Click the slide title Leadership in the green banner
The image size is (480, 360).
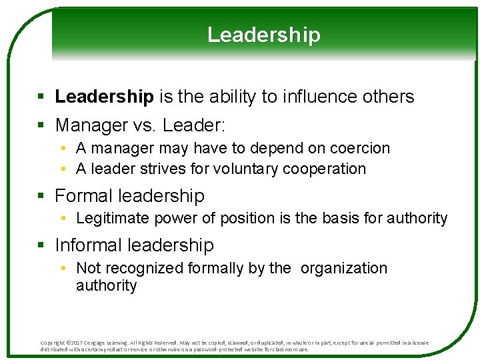coord(263,35)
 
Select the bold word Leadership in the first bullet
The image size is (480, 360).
coord(104,97)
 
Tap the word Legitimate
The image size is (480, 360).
coord(114,218)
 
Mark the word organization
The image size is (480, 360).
coord(344,268)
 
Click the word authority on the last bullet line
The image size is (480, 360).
coord(106,285)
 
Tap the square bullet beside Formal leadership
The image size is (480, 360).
coord(41,197)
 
